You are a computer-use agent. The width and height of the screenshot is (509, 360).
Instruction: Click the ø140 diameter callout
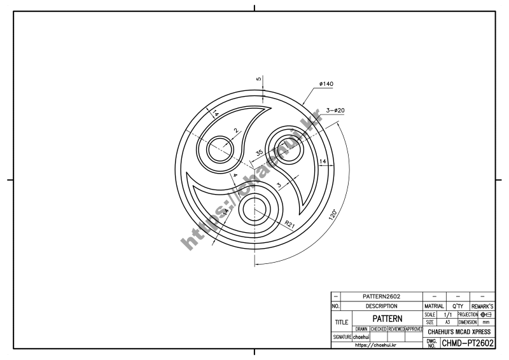pyautogui.click(x=327, y=84)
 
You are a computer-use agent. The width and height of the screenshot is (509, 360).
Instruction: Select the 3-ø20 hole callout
pyautogui.click(x=335, y=111)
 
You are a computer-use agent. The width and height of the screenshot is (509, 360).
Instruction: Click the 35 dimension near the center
pyautogui.click(x=259, y=153)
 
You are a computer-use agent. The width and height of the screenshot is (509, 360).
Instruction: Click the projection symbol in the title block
pyautogui.click(x=487, y=314)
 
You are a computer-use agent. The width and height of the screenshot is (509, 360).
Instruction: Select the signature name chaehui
pyautogui.click(x=362, y=336)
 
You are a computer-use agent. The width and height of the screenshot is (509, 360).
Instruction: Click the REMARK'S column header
pyautogui.click(x=482, y=306)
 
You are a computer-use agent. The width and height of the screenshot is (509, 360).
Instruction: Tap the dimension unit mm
pyautogui.click(x=487, y=322)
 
